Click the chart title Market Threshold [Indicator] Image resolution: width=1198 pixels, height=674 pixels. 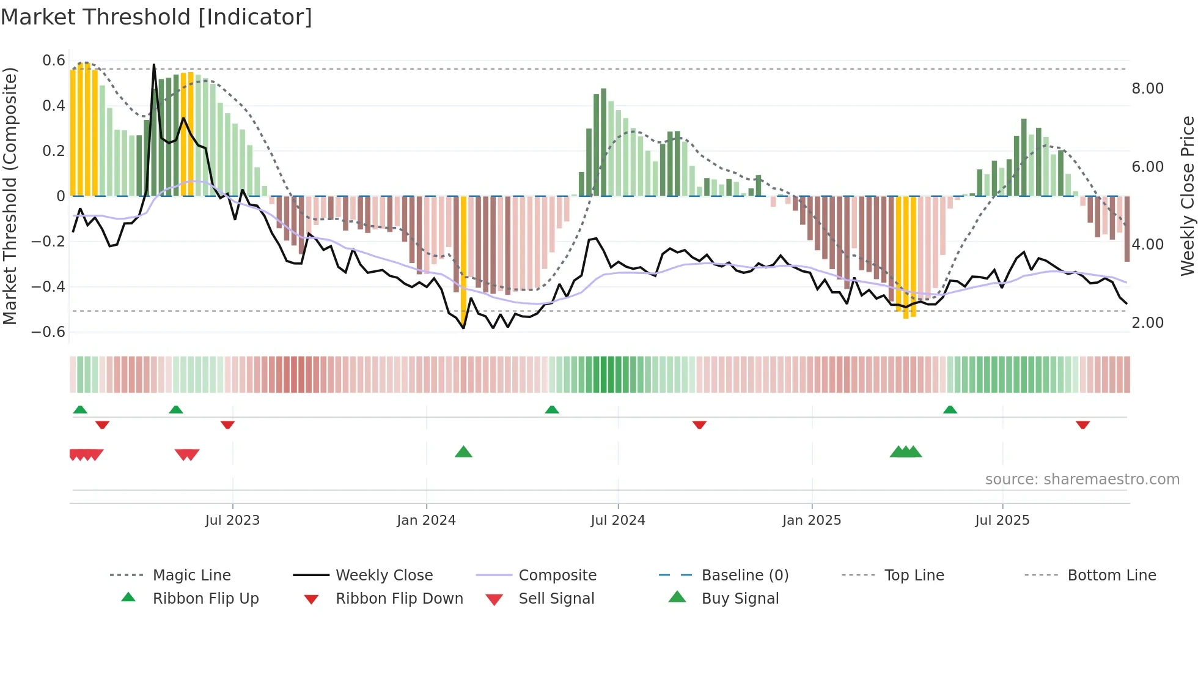156,17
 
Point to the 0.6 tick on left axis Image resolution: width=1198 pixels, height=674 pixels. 54,61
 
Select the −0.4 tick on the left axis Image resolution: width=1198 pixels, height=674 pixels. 49,287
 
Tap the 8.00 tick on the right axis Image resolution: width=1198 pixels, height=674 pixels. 1147,89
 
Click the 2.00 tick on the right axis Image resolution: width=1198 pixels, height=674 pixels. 1147,323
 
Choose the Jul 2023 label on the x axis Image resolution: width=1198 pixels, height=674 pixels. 232,520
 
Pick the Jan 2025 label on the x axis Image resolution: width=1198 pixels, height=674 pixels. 811,520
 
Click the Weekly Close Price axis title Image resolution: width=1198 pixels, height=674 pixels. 1187,196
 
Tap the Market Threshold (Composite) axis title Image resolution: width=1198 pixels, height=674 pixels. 10,196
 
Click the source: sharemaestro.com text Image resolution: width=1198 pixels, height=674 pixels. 1082,480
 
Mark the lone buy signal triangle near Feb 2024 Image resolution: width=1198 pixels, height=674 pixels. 463,452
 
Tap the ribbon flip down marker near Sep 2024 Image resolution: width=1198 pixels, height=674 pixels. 699,424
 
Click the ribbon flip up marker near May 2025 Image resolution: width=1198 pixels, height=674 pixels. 950,410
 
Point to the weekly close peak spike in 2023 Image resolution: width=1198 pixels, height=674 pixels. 153,65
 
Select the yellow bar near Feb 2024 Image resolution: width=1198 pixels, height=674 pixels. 463,257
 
